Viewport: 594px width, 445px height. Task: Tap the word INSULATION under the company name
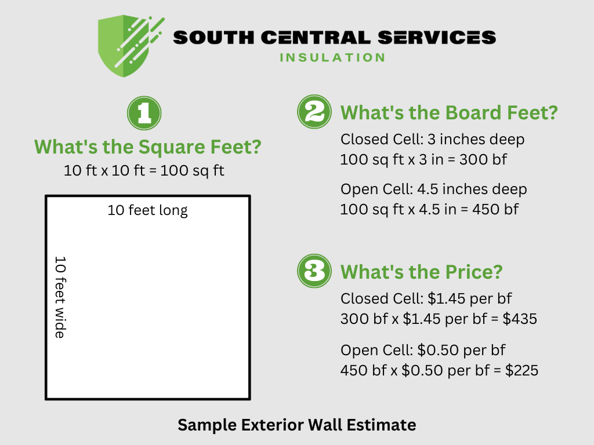[332, 57]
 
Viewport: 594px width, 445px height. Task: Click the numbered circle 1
[144, 113]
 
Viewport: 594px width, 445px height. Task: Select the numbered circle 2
[314, 112]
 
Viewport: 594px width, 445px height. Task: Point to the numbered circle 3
[314, 271]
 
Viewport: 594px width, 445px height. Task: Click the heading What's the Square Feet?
[148, 147]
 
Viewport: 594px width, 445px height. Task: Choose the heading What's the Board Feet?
[448, 112]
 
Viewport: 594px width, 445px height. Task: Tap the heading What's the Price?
[421, 272]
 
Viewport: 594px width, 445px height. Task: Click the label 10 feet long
[148, 210]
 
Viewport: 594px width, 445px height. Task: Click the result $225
[521, 370]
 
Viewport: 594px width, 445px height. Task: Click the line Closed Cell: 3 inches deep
[432, 140]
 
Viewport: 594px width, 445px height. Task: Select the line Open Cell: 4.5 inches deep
[433, 189]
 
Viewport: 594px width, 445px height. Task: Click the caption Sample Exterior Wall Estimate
[296, 425]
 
